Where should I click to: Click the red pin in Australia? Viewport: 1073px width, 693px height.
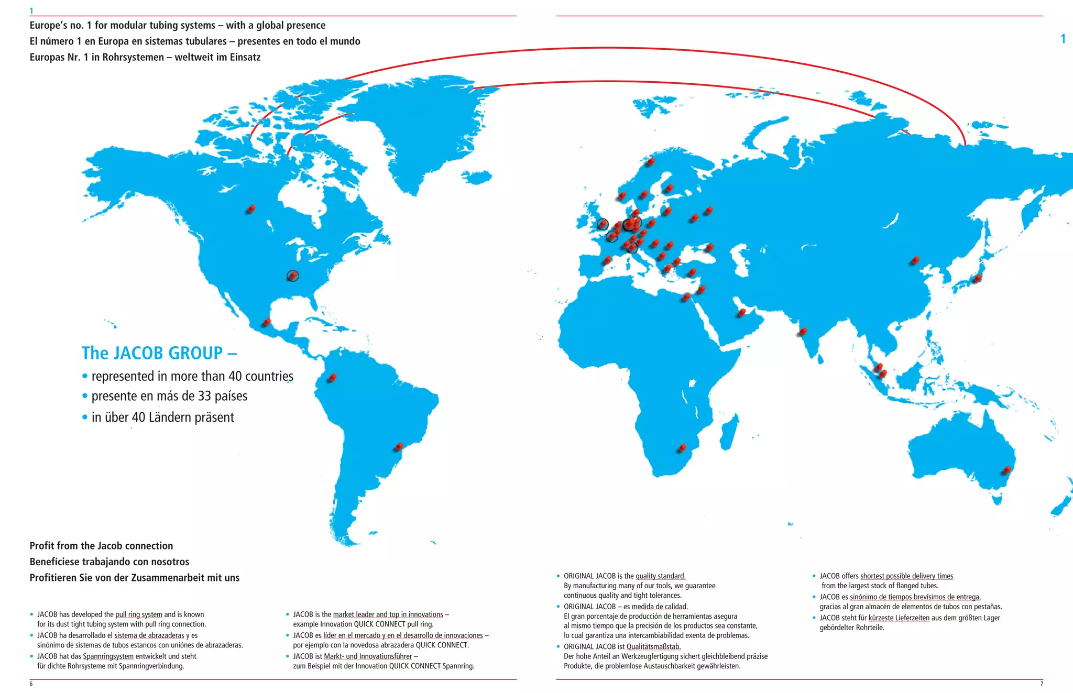[1006, 470]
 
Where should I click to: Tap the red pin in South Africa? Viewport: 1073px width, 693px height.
[682, 448]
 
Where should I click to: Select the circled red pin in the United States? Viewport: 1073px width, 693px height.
[293, 276]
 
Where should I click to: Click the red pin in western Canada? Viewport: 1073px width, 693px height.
[251, 209]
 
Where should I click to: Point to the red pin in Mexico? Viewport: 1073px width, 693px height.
[267, 322]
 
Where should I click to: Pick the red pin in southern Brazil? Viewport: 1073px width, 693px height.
[399, 447]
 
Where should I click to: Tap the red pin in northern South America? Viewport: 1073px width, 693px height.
[332, 377]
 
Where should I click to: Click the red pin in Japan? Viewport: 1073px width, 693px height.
[977, 278]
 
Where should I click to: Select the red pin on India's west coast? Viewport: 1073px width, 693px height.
[803, 331]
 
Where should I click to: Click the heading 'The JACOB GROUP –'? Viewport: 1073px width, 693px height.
[159, 353]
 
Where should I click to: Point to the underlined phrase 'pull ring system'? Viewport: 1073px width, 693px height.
[138, 614]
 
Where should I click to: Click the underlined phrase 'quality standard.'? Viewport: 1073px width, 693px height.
[660, 576]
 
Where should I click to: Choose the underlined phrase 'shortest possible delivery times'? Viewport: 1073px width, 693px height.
[906, 576]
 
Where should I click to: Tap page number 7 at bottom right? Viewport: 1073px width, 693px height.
[1041, 684]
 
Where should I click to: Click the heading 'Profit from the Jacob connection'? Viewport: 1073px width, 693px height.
[101, 546]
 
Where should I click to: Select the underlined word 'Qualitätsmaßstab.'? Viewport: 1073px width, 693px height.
[653, 647]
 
